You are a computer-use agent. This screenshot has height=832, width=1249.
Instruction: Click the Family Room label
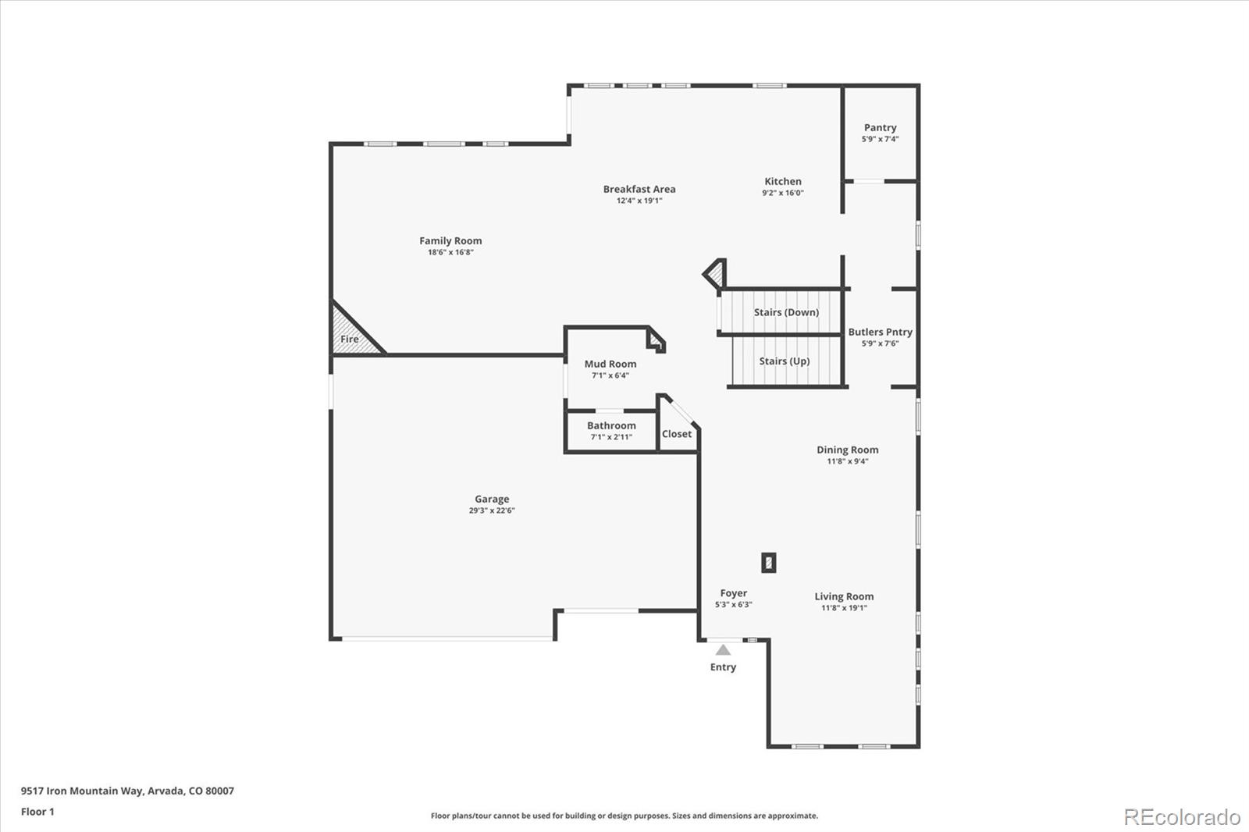(x=450, y=241)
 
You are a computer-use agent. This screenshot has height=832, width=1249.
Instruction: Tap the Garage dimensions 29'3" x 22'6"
(x=492, y=510)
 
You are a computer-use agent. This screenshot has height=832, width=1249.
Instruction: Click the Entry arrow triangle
(x=724, y=649)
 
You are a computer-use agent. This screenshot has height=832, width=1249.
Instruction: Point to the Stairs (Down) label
(x=786, y=312)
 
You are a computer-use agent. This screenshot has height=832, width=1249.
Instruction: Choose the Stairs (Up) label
(x=785, y=361)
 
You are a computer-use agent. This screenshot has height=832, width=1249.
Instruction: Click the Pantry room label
(x=880, y=127)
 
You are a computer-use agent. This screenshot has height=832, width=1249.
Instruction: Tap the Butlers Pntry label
(x=880, y=332)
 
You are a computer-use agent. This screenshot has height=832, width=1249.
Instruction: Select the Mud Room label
(x=610, y=364)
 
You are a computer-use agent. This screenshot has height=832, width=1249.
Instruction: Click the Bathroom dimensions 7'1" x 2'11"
(x=611, y=437)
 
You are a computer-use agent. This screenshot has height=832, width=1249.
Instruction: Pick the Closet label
(x=677, y=434)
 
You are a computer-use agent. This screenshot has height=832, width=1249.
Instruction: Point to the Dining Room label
(x=847, y=450)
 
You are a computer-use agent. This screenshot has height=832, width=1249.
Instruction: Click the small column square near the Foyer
(x=769, y=563)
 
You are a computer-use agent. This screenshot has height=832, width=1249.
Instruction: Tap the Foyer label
(x=733, y=593)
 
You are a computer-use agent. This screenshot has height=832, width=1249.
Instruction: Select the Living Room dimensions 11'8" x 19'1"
(x=844, y=608)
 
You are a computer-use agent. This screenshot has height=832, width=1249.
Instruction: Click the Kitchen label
(x=782, y=181)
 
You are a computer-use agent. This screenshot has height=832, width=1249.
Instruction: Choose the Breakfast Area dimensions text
(x=639, y=201)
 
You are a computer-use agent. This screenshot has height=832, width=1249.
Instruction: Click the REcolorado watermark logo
(x=1182, y=816)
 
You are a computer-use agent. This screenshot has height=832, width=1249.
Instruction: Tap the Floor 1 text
(x=37, y=812)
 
